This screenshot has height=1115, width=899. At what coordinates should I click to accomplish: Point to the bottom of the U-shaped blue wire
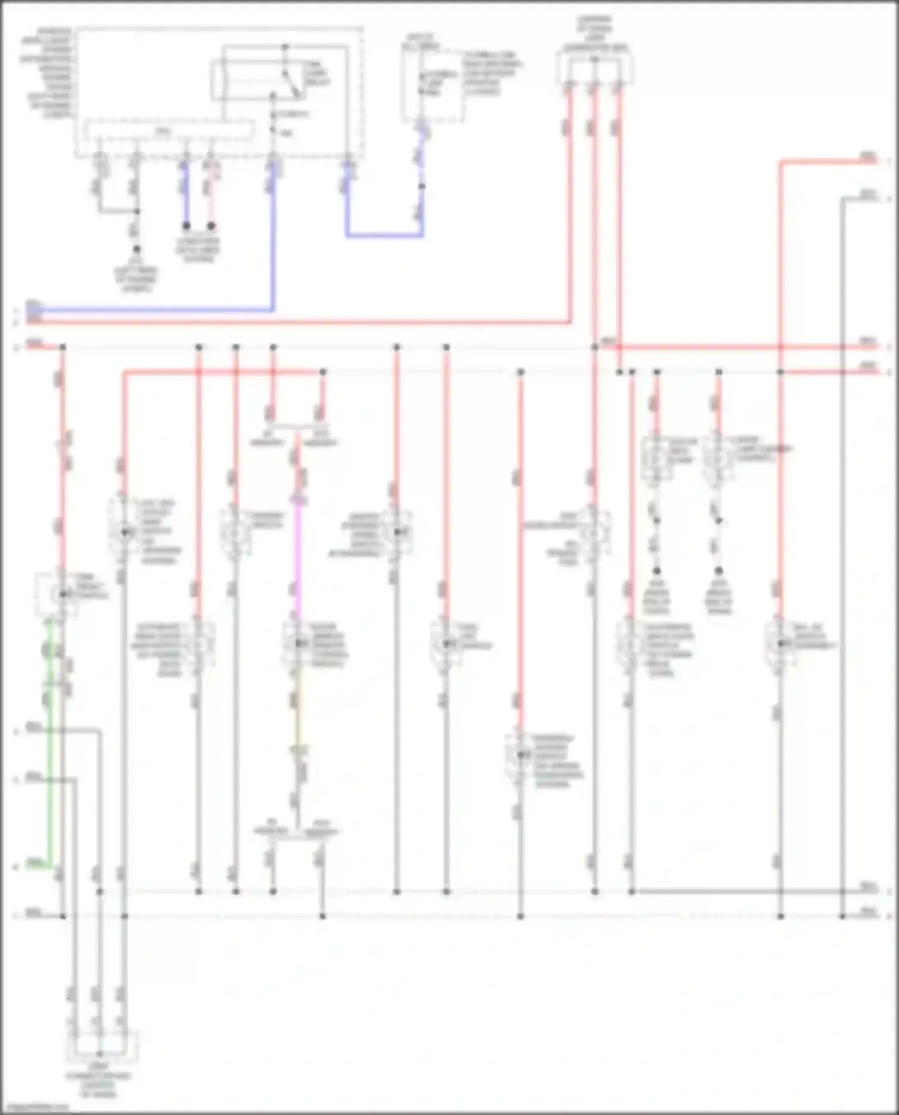point(384,236)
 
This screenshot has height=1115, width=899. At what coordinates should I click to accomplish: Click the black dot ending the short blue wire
point(186,226)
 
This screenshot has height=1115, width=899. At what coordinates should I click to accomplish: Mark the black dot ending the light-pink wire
point(211,226)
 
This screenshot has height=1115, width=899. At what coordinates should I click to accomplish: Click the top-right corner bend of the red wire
point(780,161)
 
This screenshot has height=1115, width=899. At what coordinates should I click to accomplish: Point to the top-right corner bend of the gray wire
point(842,198)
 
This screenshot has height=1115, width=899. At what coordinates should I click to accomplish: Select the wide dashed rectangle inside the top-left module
point(168,131)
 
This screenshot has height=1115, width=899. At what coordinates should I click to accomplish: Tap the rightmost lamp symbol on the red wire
point(780,643)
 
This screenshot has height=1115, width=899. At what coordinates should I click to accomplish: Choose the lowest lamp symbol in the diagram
point(520,754)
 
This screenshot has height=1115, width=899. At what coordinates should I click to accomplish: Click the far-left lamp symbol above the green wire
point(62,594)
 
